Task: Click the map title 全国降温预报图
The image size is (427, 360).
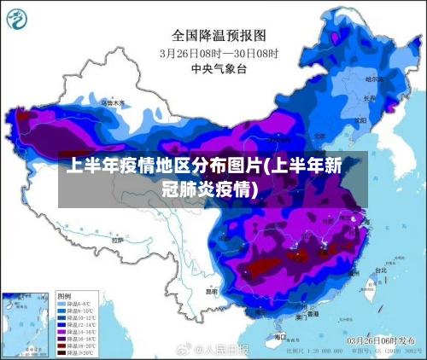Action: tap(219, 35)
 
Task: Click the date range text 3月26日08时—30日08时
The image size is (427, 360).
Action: tap(219, 52)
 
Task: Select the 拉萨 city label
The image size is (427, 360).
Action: tap(117, 241)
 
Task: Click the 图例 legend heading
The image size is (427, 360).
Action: tap(65, 294)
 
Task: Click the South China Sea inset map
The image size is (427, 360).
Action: tap(26, 324)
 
